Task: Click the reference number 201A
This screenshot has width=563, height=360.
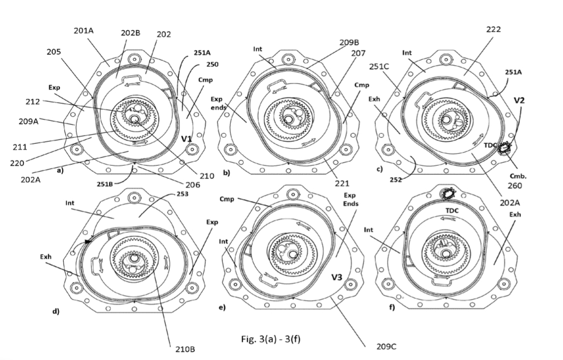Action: pyautogui.click(x=83, y=31)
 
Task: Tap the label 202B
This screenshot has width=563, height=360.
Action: pyautogui.click(x=131, y=33)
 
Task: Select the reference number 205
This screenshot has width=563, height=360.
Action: pyautogui.click(x=54, y=52)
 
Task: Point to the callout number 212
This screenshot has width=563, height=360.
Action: pyautogui.click(x=32, y=101)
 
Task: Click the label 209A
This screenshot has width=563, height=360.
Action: pyautogui.click(x=29, y=121)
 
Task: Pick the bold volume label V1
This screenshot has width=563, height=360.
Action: pyautogui.click(x=187, y=138)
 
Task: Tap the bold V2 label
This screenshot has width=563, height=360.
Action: pyautogui.click(x=519, y=100)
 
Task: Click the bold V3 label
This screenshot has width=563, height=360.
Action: pyautogui.click(x=337, y=277)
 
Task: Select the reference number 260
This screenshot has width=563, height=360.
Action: pyautogui.click(x=515, y=185)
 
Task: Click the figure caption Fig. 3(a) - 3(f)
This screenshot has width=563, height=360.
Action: pyautogui.click(x=271, y=339)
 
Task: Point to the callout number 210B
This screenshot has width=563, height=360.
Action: pyautogui.click(x=185, y=349)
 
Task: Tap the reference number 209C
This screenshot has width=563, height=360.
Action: pyautogui.click(x=387, y=347)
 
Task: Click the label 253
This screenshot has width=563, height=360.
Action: pyautogui.click(x=183, y=194)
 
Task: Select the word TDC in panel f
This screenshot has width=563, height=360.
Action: pyautogui.click(x=452, y=211)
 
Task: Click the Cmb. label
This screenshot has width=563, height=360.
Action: pyautogui.click(x=518, y=176)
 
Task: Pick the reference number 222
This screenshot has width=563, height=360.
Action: pyautogui.click(x=494, y=30)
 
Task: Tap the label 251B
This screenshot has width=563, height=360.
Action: pyautogui.click(x=105, y=184)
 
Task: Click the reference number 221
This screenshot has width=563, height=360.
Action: pyautogui.click(x=342, y=184)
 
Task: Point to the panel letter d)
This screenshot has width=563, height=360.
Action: pyautogui.click(x=56, y=311)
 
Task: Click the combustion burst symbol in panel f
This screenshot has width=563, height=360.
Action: pyautogui.click(x=448, y=194)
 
